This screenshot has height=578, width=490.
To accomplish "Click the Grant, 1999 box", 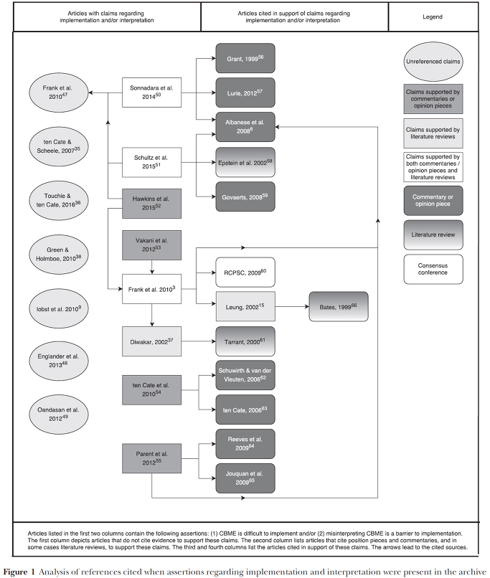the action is click(x=245, y=58).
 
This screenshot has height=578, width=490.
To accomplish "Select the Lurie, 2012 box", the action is click(x=245, y=93).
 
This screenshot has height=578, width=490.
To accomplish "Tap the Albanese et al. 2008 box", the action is click(x=245, y=127).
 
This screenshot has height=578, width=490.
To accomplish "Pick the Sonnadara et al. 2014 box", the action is click(x=151, y=93).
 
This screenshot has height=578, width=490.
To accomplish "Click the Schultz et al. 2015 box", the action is click(x=151, y=162).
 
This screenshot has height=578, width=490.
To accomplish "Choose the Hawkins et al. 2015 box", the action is click(x=151, y=204).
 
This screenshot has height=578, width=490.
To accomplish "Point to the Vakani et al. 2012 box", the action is click(x=151, y=245).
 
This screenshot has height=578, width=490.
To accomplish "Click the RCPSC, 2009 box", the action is click(x=245, y=273).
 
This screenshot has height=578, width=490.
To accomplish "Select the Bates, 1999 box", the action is click(x=339, y=307).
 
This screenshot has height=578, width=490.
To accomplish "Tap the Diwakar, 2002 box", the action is click(x=151, y=341).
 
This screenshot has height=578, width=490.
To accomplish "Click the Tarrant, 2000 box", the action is click(x=245, y=341).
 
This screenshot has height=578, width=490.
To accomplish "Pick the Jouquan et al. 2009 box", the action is click(x=245, y=478).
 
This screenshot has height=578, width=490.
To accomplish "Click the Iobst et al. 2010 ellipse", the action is click(x=59, y=309).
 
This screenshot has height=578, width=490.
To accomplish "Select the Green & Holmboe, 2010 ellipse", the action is click(x=59, y=255).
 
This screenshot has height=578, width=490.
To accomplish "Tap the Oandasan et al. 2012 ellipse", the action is click(x=59, y=414).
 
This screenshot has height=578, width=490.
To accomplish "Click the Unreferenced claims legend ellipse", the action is click(x=433, y=62).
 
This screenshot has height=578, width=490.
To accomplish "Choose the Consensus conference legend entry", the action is click(x=433, y=269).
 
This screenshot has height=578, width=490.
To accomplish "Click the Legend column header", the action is click(x=433, y=17).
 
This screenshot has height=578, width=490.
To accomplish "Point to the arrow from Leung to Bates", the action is click(x=292, y=307).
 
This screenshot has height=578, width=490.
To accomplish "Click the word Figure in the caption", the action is click(x=15, y=572).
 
